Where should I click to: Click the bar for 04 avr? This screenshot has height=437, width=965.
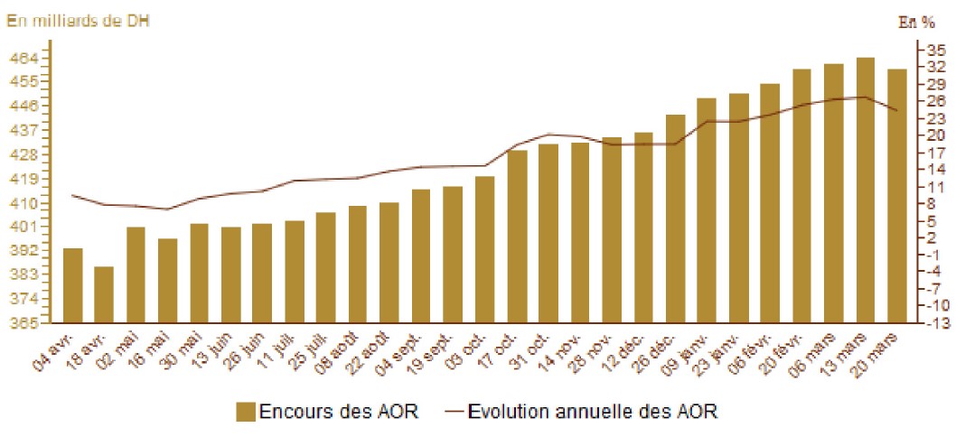tap(73, 285)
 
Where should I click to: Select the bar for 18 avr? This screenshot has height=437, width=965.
tap(105, 294)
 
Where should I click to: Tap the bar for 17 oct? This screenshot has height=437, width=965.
tap(517, 237)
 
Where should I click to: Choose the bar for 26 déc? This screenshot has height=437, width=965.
tap(675, 218)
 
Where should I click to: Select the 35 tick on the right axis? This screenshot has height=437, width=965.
tap(936, 49)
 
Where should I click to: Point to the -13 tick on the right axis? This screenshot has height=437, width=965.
tap(936, 323)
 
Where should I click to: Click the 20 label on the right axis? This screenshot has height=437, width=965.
tap(936, 135)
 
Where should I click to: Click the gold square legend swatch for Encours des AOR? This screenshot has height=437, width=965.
tap(244, 412)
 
